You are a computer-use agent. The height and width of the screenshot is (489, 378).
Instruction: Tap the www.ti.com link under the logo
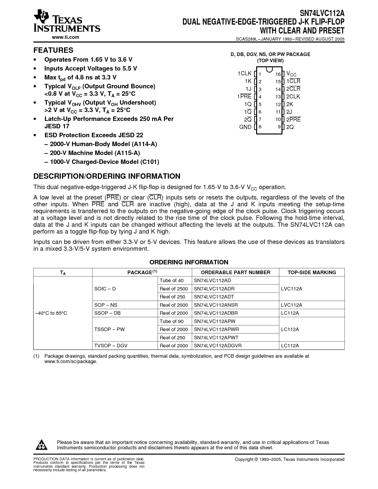coord(66,37)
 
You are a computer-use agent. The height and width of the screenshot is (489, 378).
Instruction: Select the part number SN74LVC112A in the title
coord(322,13)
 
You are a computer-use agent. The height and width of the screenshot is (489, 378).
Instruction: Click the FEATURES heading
coord(53,50)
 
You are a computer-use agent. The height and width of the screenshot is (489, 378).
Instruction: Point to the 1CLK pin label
coord(244,73)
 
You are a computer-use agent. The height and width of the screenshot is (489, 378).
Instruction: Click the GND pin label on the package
coord(245,127)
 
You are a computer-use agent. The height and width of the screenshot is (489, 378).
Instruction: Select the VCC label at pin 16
coord(291,74)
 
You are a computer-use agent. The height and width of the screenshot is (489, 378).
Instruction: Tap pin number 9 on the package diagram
coord(279,127)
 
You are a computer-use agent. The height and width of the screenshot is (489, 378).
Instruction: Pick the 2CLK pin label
coord(293,96)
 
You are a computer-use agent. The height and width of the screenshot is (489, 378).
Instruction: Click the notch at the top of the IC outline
coord(269,69)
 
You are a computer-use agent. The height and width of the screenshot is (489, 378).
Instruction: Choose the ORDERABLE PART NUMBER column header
coord(235,272)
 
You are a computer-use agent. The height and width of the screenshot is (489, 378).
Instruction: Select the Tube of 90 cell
coord(172,321)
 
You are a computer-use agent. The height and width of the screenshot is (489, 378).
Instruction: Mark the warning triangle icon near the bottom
coord(42,445)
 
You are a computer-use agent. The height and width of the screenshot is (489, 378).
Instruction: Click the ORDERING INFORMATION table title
coord(189,262)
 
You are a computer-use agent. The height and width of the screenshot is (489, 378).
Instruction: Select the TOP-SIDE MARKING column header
coord(312,272)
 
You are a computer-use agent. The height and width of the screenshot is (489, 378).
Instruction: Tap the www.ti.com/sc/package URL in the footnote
coord(71,362)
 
